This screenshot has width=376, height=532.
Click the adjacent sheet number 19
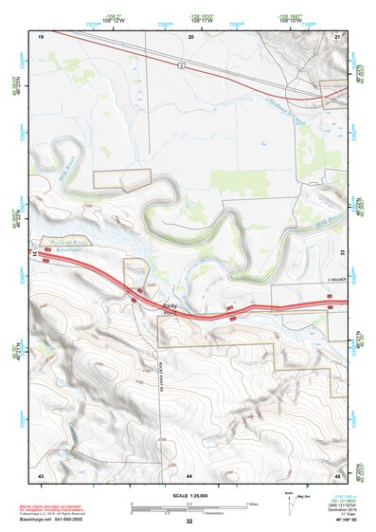(42, 35)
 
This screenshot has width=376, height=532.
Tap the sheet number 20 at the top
(190, 35)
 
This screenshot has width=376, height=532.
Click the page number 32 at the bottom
(189, 522)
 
